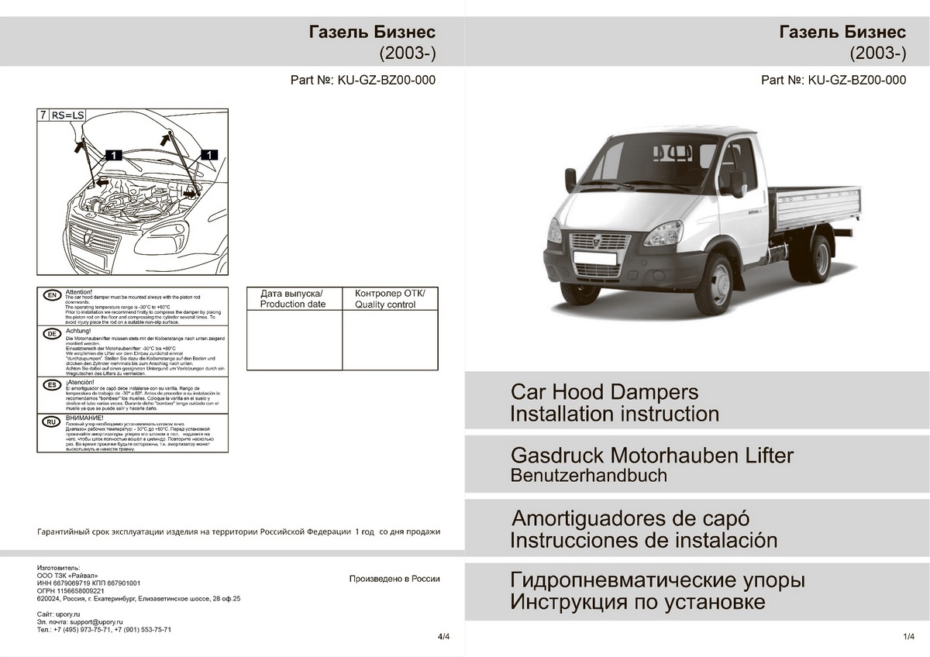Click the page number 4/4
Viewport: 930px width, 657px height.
point(443,637)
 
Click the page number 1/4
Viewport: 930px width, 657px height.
point(909,637)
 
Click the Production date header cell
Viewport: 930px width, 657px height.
point(293,299)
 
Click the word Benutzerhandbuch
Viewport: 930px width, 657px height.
point(588,476)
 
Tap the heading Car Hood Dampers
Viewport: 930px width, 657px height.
point(604,392)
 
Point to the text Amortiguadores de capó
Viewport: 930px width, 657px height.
point(631,518)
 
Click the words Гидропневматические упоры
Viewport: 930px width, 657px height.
point(657,580)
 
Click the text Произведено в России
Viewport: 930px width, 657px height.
point(394,579)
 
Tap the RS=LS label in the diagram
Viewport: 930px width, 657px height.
point(67,115)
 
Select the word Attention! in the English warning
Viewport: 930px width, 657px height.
point(80,291)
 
